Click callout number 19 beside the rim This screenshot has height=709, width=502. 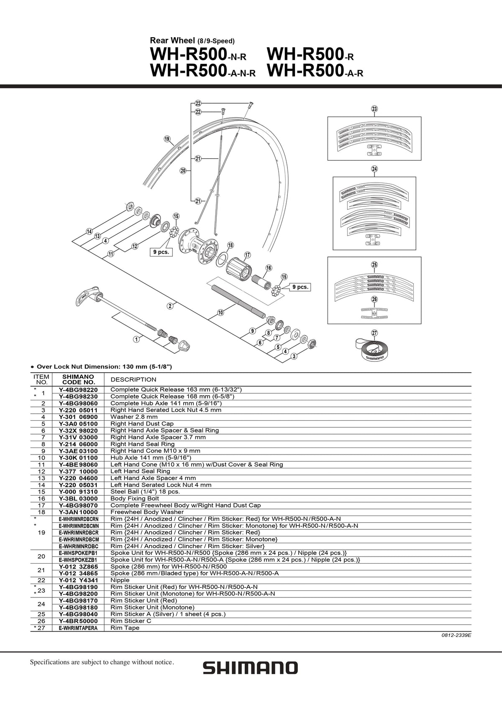167,139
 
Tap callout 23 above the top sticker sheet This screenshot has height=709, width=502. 374,109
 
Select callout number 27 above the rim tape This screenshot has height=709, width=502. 374,333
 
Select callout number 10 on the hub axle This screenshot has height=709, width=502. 220,312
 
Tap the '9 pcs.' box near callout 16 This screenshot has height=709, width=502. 300,287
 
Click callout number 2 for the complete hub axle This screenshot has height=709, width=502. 170,306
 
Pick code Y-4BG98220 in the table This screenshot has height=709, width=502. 78,389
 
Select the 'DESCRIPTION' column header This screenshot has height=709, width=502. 133,379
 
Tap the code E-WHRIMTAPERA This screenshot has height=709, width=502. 78,628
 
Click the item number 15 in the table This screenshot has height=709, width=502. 41,492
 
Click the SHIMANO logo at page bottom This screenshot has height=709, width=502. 250,668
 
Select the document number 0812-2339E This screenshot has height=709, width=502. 456,635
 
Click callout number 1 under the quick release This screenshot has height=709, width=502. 136,339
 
